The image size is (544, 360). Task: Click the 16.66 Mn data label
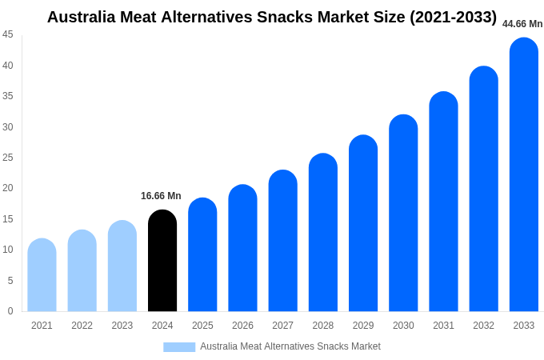point(161,196)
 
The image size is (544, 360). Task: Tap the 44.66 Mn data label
point(522,24)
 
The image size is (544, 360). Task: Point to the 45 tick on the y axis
point(8,34)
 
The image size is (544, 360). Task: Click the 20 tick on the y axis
point(8,188)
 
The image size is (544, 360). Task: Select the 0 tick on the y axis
point(10,311)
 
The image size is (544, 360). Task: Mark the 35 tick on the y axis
point(8,96)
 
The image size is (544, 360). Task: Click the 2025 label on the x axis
point(202,326)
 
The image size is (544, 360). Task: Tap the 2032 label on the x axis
point(483,326)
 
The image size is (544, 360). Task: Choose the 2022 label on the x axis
point(82,326)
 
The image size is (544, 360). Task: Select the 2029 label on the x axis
point(363,326)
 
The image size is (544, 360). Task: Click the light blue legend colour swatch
point(179,346)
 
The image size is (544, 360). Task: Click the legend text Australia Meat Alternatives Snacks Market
point(290,346)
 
